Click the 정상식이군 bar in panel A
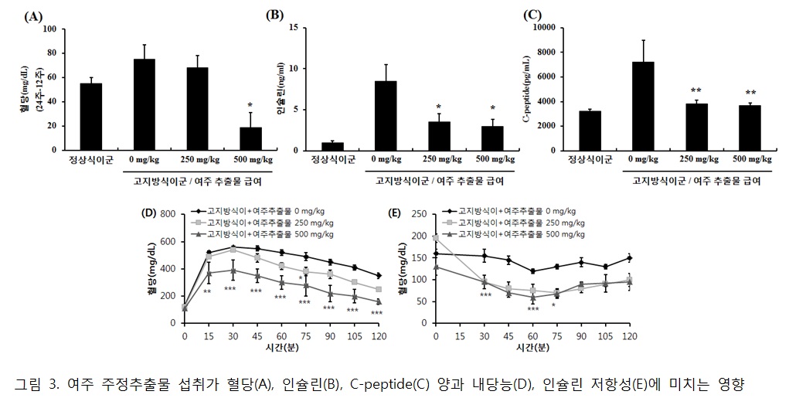coord(90,117)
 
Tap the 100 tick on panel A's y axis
coord(50,29)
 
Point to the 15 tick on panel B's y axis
coord(294,27)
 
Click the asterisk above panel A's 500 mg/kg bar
coord(250,105)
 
